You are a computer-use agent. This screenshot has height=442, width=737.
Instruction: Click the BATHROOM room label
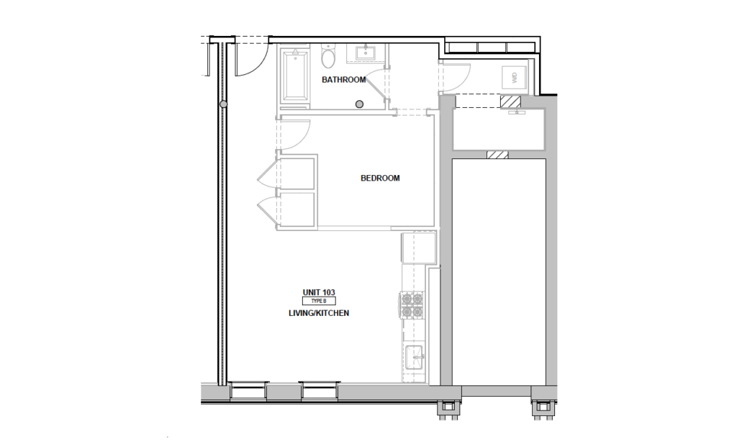[x=343, y=80]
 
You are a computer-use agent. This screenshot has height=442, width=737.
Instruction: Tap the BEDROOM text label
[x=379, y=179]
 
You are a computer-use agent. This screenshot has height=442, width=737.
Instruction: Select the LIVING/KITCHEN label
[x=318, y=314]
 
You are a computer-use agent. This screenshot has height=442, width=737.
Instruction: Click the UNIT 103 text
[x=319, y=292]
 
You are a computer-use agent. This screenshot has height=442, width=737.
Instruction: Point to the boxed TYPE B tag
[x=319, y=302]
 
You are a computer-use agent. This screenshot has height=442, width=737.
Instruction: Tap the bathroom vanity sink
[x=366, y=53]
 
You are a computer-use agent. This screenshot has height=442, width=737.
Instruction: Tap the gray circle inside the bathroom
[x=359, y=104]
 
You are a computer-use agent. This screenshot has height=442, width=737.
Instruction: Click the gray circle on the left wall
[x=224, y=105]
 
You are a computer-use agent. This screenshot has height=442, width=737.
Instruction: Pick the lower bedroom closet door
[x=267, y=209]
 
